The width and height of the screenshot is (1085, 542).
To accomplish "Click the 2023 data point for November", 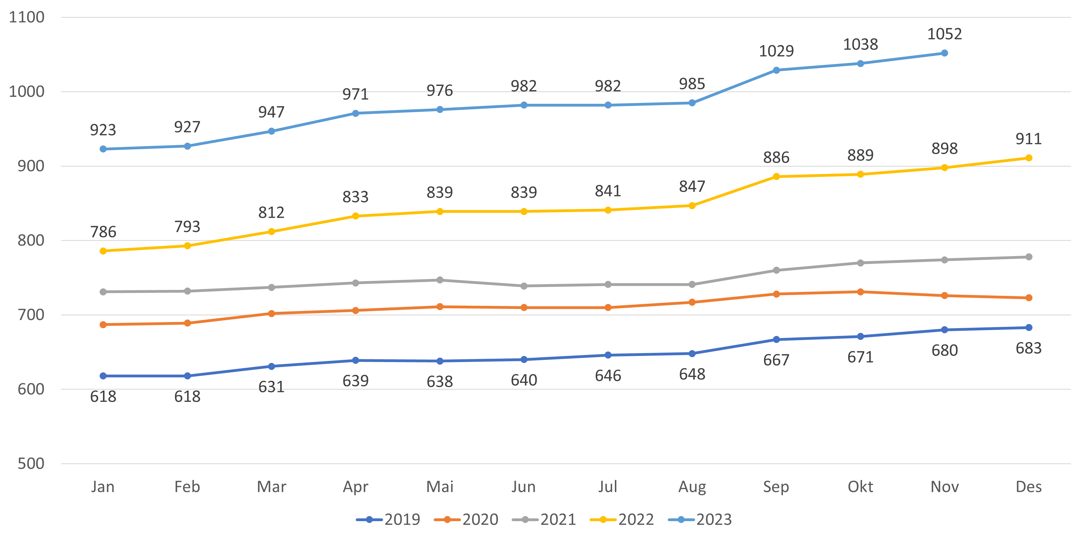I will pyautogui.click(x=944, y=53).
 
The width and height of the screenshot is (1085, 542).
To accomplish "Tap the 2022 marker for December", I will pyautogui.click(x=1028, y=158).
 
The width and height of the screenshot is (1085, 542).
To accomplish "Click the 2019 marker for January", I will pyautogui.click(x=103, y=376).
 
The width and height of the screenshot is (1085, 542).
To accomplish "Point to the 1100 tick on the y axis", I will pyautogui.click(x=26, y=17).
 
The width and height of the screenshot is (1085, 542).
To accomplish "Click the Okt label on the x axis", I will pyautogui.click(x=860, y=487).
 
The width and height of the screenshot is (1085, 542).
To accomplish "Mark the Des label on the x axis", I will pyautogui.click(x=1028, y=487).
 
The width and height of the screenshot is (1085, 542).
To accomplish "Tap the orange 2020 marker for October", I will pyautogui.click(x=860, y=292).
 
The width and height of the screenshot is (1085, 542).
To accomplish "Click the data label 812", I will pyautogui.click(x=271, y=212).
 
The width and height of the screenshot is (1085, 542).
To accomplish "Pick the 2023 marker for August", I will pyautogui.click(x=692, y=103).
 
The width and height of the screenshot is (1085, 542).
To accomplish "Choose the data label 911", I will pyautogui.click(x=1028, y=139).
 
